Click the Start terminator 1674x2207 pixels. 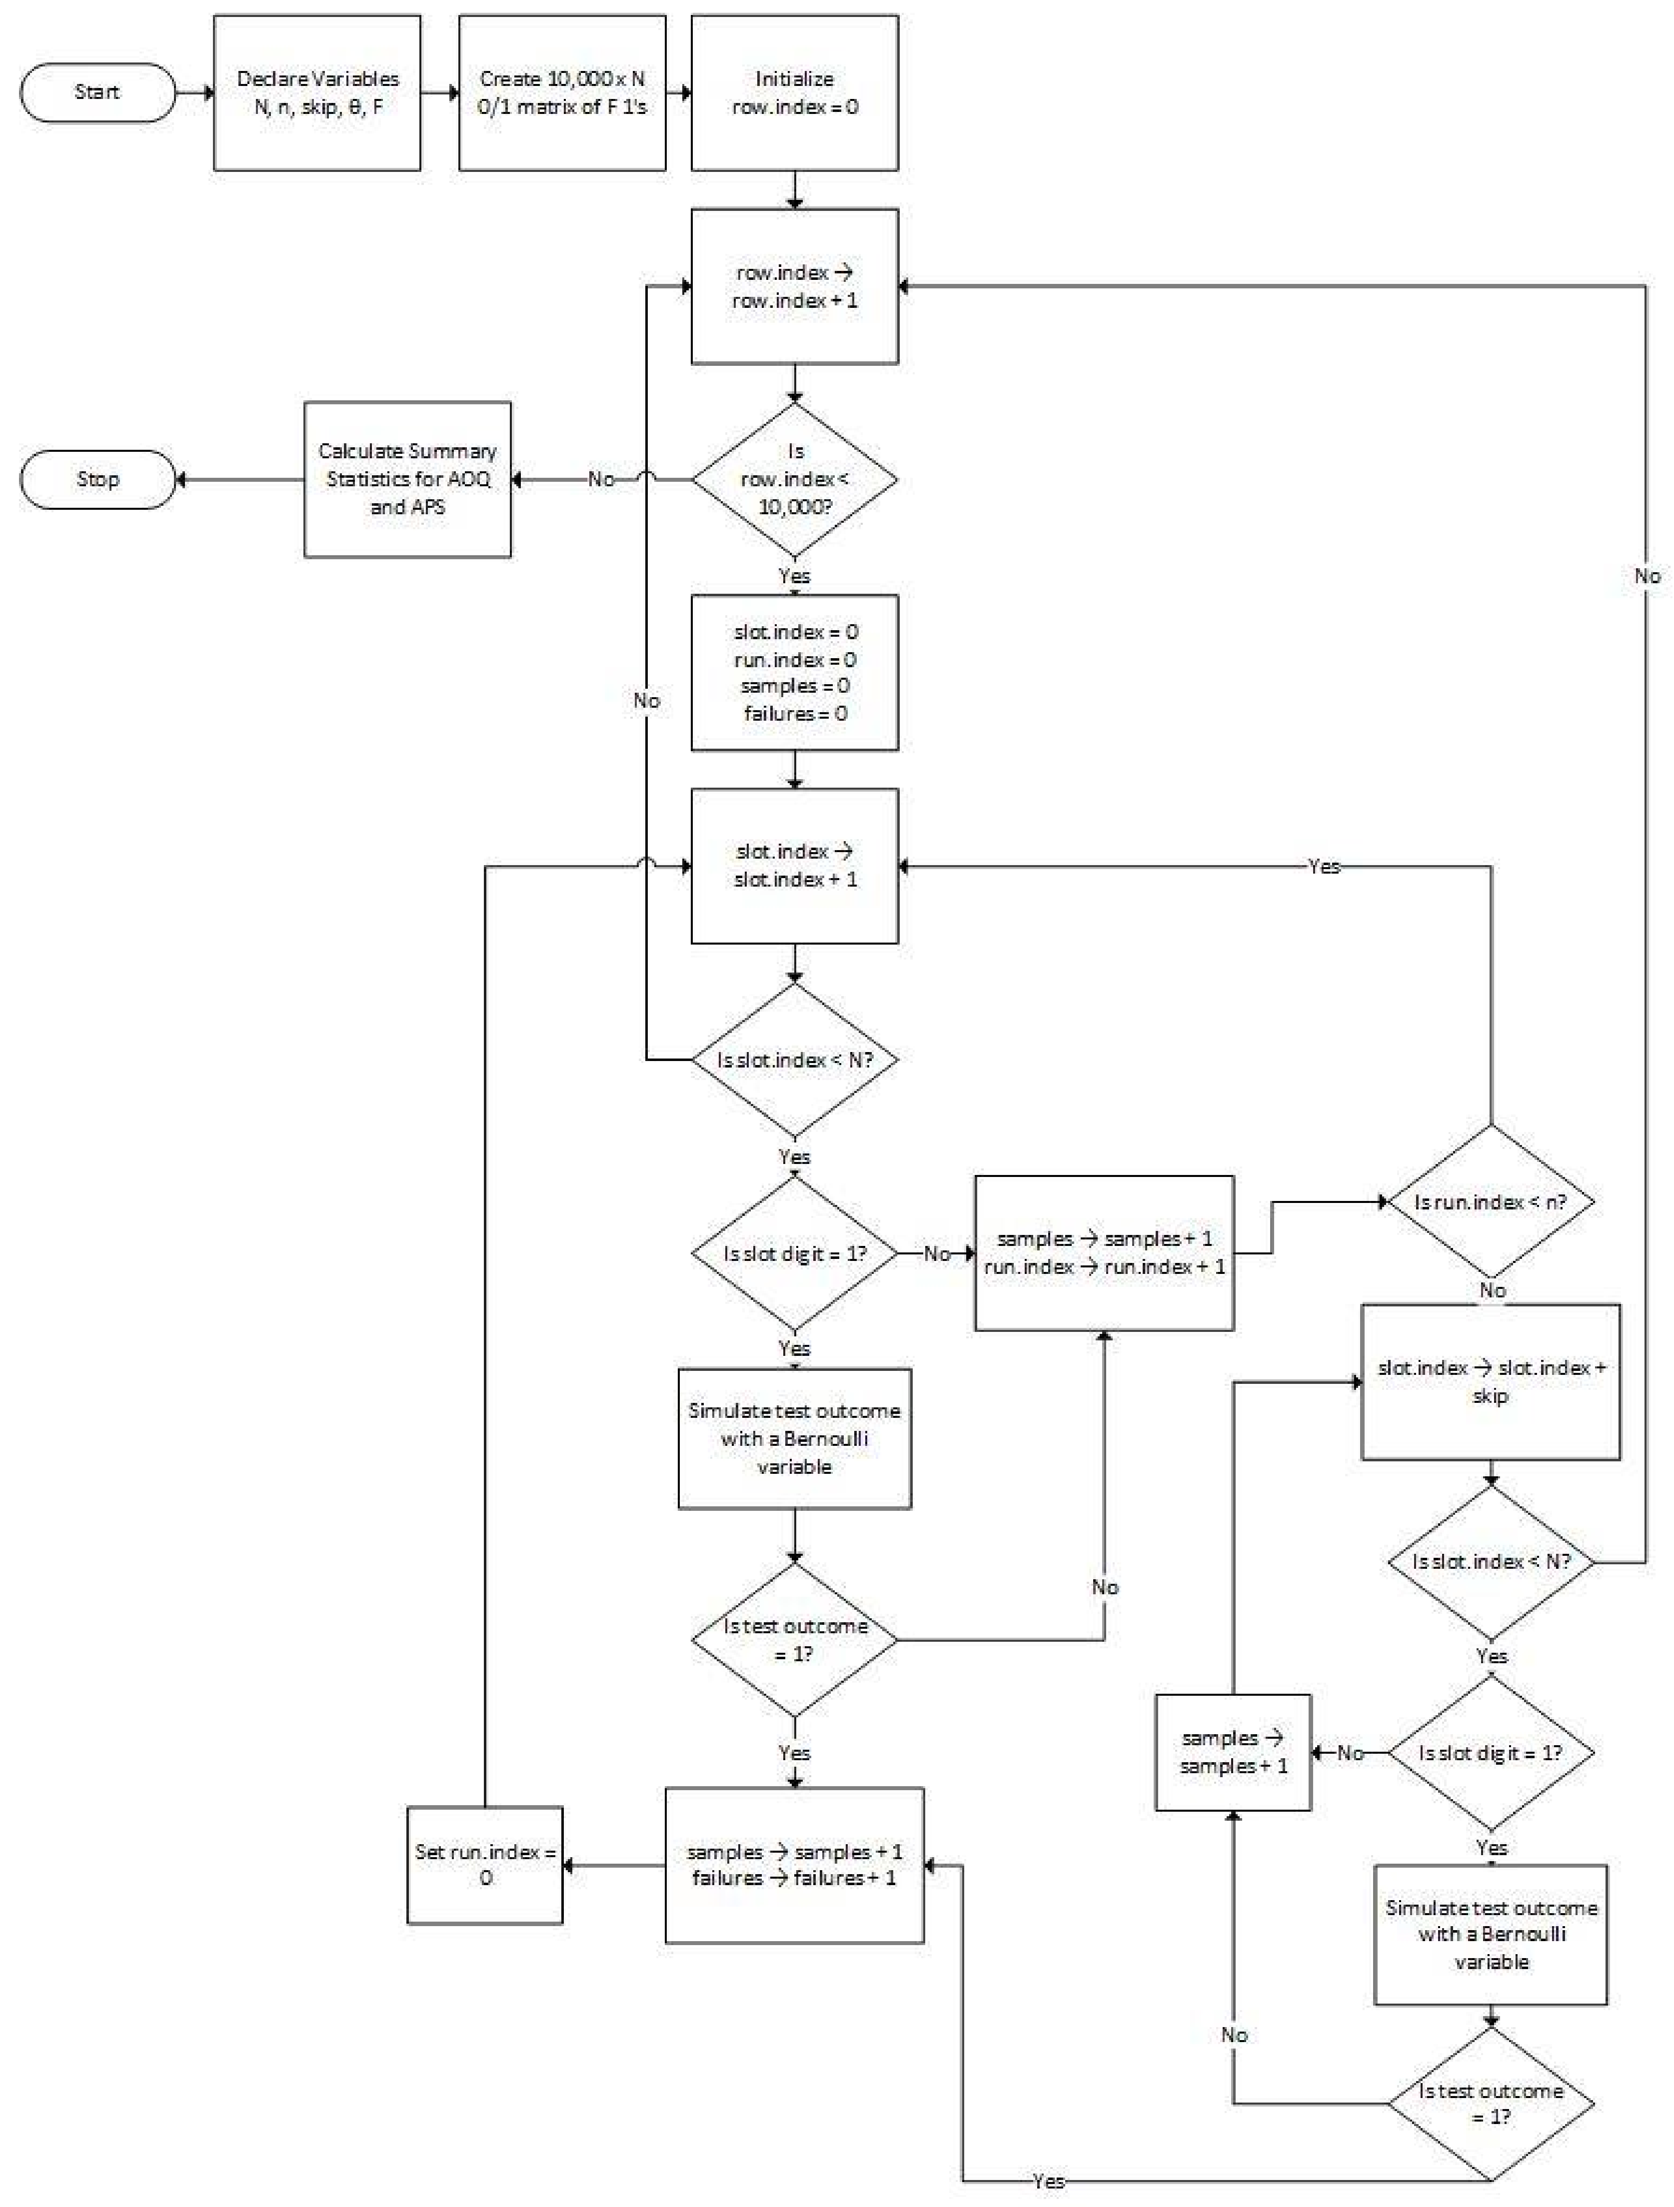(x=97, y=92)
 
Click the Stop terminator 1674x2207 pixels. (x=97, y=479)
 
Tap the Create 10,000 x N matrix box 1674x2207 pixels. (x=562, y=93)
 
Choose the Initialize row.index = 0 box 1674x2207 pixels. (x=794, y=93)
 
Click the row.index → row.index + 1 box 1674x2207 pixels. (x=794, y=286)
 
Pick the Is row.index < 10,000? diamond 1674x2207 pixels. (x=794, y=479)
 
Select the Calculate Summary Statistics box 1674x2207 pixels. (x=407, y=479)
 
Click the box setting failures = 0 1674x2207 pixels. (x=794, y=673)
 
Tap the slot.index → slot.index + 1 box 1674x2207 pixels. (x=794, y=865)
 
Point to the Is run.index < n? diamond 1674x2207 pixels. (x=1491, y=1202)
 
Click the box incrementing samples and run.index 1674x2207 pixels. (x=1103, y=1253)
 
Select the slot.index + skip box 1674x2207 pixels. (x=1491, y=1382)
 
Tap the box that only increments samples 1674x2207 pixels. (x=1233, y=1752)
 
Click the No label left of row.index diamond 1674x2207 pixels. (x=600, y=479)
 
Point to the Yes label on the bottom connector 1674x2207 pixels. (x=1049, y=2181)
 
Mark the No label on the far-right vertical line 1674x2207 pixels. (x=1647, y=576)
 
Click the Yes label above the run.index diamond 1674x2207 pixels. (x=1324, y=866)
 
